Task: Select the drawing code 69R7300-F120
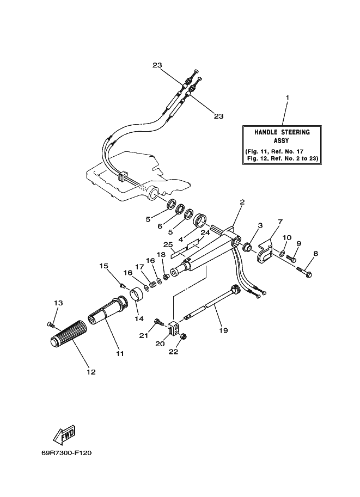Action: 66,453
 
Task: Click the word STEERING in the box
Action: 295,132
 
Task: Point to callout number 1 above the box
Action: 288,98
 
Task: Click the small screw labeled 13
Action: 51,324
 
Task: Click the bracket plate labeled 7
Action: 265,251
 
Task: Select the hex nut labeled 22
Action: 184,336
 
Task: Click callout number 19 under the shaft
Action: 223,330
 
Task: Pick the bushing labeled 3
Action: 247,246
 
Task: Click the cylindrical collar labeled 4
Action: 201,220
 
